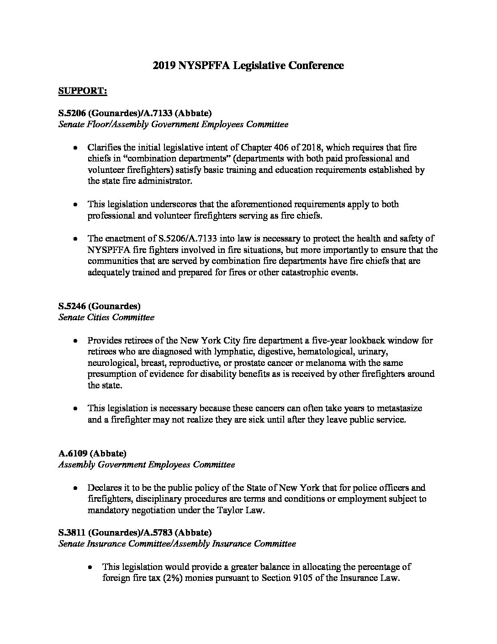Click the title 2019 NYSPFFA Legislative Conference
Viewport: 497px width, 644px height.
click(x=248, y=65)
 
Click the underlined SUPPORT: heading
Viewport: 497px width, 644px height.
click(x=83, y=91)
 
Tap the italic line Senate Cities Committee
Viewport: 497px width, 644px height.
click(x=106, y=317)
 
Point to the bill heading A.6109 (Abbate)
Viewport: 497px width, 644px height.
click(x=92, y=453)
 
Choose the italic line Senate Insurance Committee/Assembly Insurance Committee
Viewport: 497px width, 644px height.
click(x=177, y=544)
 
